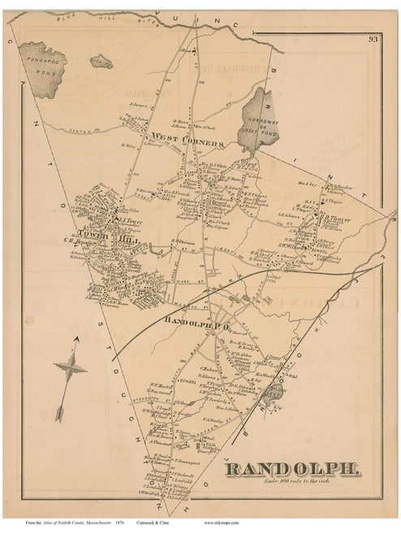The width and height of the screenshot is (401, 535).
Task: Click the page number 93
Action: pyautogui.click(x=372, y=38)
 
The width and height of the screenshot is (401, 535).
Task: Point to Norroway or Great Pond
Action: pyautogui.click(x=259, y=122)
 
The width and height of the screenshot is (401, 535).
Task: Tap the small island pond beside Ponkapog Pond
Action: pyautogui.click(x=101, y=59)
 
